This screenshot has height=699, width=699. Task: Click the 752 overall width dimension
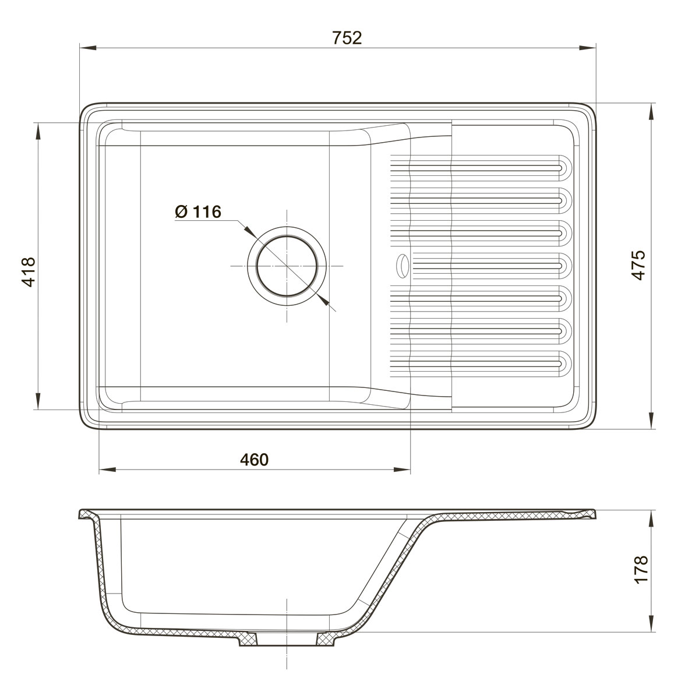pyautogui.click(x=347, y=38)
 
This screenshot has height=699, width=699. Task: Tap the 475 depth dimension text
pyautogui.click(x=638, y=265)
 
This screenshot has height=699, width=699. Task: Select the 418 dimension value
pyautogui.click(x=29, y=272)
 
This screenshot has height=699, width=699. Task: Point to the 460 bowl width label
pyautogui.click(x=255, y=460)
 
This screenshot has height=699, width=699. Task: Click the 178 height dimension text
pyautogui.click(x=641, y=569)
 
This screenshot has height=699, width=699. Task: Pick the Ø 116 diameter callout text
pyautogui.click(x=198, y=211)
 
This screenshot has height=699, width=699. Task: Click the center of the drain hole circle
pyautogui.click(x=287, y=266)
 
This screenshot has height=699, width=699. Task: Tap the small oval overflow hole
pyautogui.click(x=403, y=266)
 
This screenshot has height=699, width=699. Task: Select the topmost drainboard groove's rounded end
pyautogui.click(x=565, y=168)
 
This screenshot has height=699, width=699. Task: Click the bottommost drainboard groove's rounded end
pyautogui.click(x=565, y=363)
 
